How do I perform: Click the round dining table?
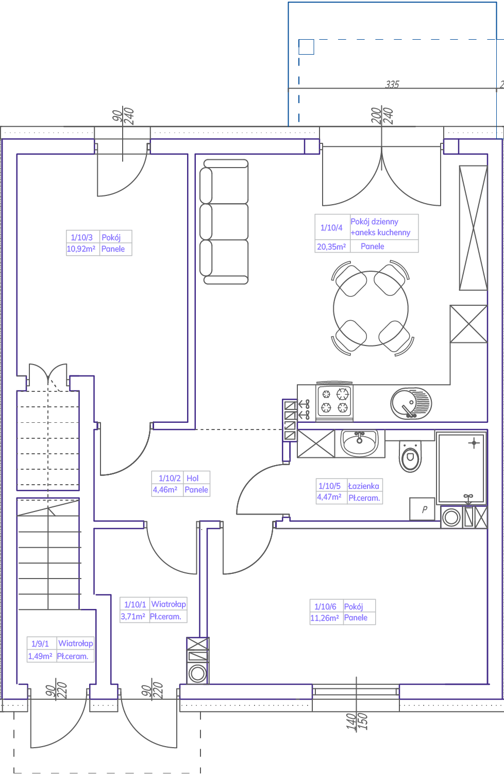click(x=371, y=308)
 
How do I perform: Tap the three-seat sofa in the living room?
click(x=224, y=222)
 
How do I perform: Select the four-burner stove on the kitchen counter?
click(x=334, y=402)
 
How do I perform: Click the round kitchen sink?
click(x=411, y=403)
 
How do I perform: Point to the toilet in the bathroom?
click(x=410, y=456)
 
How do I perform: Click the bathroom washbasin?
click(x=360, y=443)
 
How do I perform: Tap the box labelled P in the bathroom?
click(x=422, y=509)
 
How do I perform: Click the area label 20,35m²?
click(x=331, y=246)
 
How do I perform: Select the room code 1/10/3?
click(x=81, y=237)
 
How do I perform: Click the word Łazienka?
click(x=364, y=486)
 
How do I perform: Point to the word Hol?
click(x=193, y=478)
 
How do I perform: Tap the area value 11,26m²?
click(x=325, y=618)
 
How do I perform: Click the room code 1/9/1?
click(x=40, y=644)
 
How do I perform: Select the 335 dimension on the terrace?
click(x=392, y=84)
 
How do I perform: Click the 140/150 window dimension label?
click(x=357, y=721)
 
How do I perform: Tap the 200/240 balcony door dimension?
click(x=382, y=116)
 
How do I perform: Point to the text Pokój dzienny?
click(x=374, y=221)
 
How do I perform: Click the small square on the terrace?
click(x=306, y=47)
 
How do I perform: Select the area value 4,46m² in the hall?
click(x=165, y=489)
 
